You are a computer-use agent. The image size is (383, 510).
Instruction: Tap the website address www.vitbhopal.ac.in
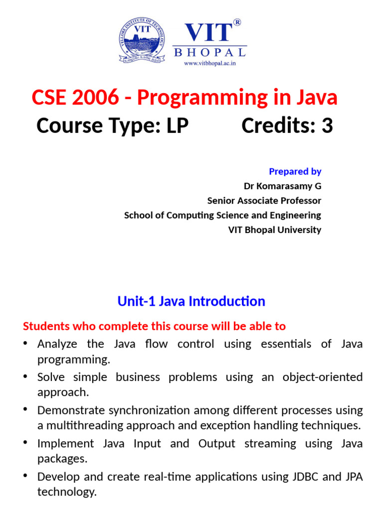coord(209,64)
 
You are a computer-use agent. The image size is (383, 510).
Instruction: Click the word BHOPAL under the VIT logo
coord(209,52)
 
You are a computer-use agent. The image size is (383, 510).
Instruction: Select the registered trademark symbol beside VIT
coord(237,22)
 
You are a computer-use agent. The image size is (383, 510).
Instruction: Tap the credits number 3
coord(327,126)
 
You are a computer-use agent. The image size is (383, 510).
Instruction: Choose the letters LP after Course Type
coord(177,126)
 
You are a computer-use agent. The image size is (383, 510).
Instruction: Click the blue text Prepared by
coord(295,171)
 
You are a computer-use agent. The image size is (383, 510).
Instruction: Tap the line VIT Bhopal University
coord(275,230)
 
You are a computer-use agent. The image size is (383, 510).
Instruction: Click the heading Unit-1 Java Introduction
coord(191,301)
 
